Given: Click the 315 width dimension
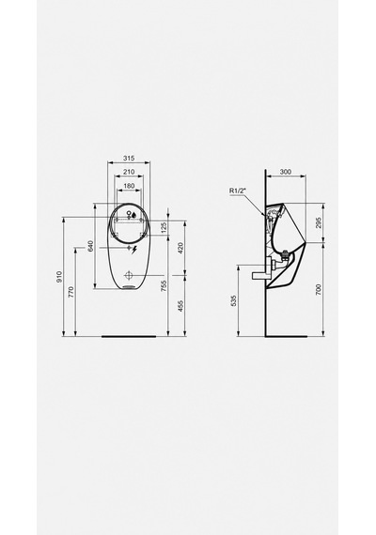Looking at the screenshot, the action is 129,159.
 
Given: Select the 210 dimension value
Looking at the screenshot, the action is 129,172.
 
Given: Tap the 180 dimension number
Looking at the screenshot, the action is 129,186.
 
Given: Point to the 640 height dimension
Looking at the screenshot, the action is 90,246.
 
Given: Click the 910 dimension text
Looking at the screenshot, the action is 59,276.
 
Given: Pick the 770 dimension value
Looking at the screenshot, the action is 71,292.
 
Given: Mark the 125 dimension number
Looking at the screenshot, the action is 164,227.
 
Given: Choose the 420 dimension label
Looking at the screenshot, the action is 180,248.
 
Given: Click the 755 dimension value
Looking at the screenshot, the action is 164,286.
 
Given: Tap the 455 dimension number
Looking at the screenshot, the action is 180,306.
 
